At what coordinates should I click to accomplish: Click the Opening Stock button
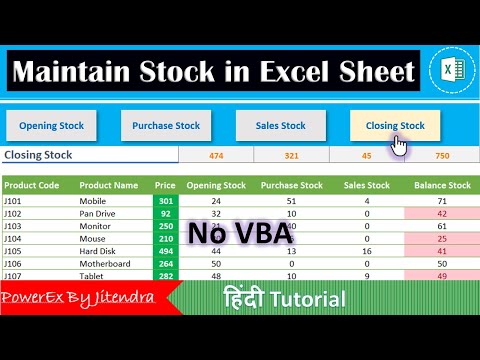pyautogui.click(x=51, y=126)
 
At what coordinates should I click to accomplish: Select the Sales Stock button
pyautogui.click(x=280, y=126)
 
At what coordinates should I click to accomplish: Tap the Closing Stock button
pyautogui.click(x=394, y=126)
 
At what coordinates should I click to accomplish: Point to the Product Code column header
pyautogui.click(x=32, y=185)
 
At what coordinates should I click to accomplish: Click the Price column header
pyautogui.click(x=165, y=185)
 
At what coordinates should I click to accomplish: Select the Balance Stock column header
pyautogui.click(x=442, y=185)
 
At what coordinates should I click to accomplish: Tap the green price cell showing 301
pyautogui.click(x=165, y=201)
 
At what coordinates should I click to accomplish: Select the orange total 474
pyautogui.click(x=216, y=156)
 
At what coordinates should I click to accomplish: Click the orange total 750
pyautogui.click(x=442, y=156)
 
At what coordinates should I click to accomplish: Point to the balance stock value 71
pyautogui.click(x=442, y=201)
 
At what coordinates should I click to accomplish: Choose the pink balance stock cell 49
pyautogui.click(x=442, y=276)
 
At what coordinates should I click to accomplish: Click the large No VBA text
pyautogui.click(x=239, y=234)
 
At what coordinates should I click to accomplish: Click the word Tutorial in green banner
pyautogui.click(x=310, y=299)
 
